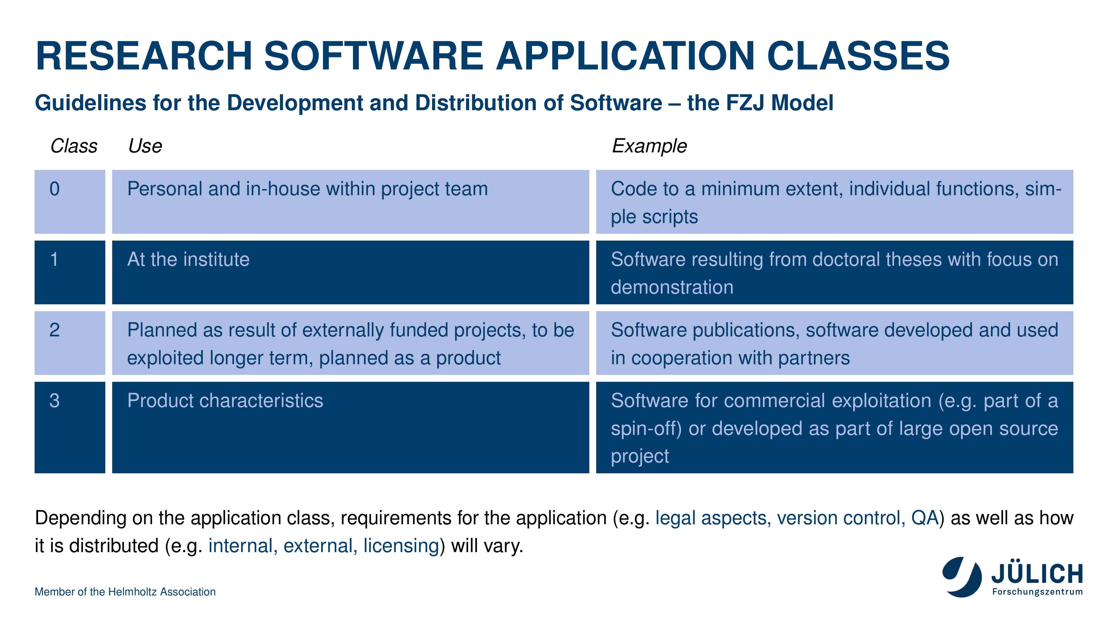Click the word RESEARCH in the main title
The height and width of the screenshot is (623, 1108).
click(144, 56)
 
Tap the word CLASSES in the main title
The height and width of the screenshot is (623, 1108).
click(858, 56)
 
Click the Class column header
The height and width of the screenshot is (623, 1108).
click(74, 146)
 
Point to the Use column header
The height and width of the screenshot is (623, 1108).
click(145, 146)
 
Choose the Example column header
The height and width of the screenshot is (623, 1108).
click(650, 147)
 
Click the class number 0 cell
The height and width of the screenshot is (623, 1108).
click(70, 202)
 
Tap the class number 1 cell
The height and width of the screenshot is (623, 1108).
click(70, 272)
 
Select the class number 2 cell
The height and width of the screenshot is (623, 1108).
click(70, 343)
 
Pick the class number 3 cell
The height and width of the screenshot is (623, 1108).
click(70, 427)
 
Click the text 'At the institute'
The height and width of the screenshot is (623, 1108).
click(188, 260)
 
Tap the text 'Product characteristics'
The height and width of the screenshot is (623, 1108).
click(225, 401)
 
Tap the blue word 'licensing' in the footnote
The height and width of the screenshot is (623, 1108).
click(401, 546)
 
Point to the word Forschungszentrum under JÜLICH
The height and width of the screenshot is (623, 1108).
click(1037, 592)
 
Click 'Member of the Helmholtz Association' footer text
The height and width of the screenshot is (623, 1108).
click(125, 592)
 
